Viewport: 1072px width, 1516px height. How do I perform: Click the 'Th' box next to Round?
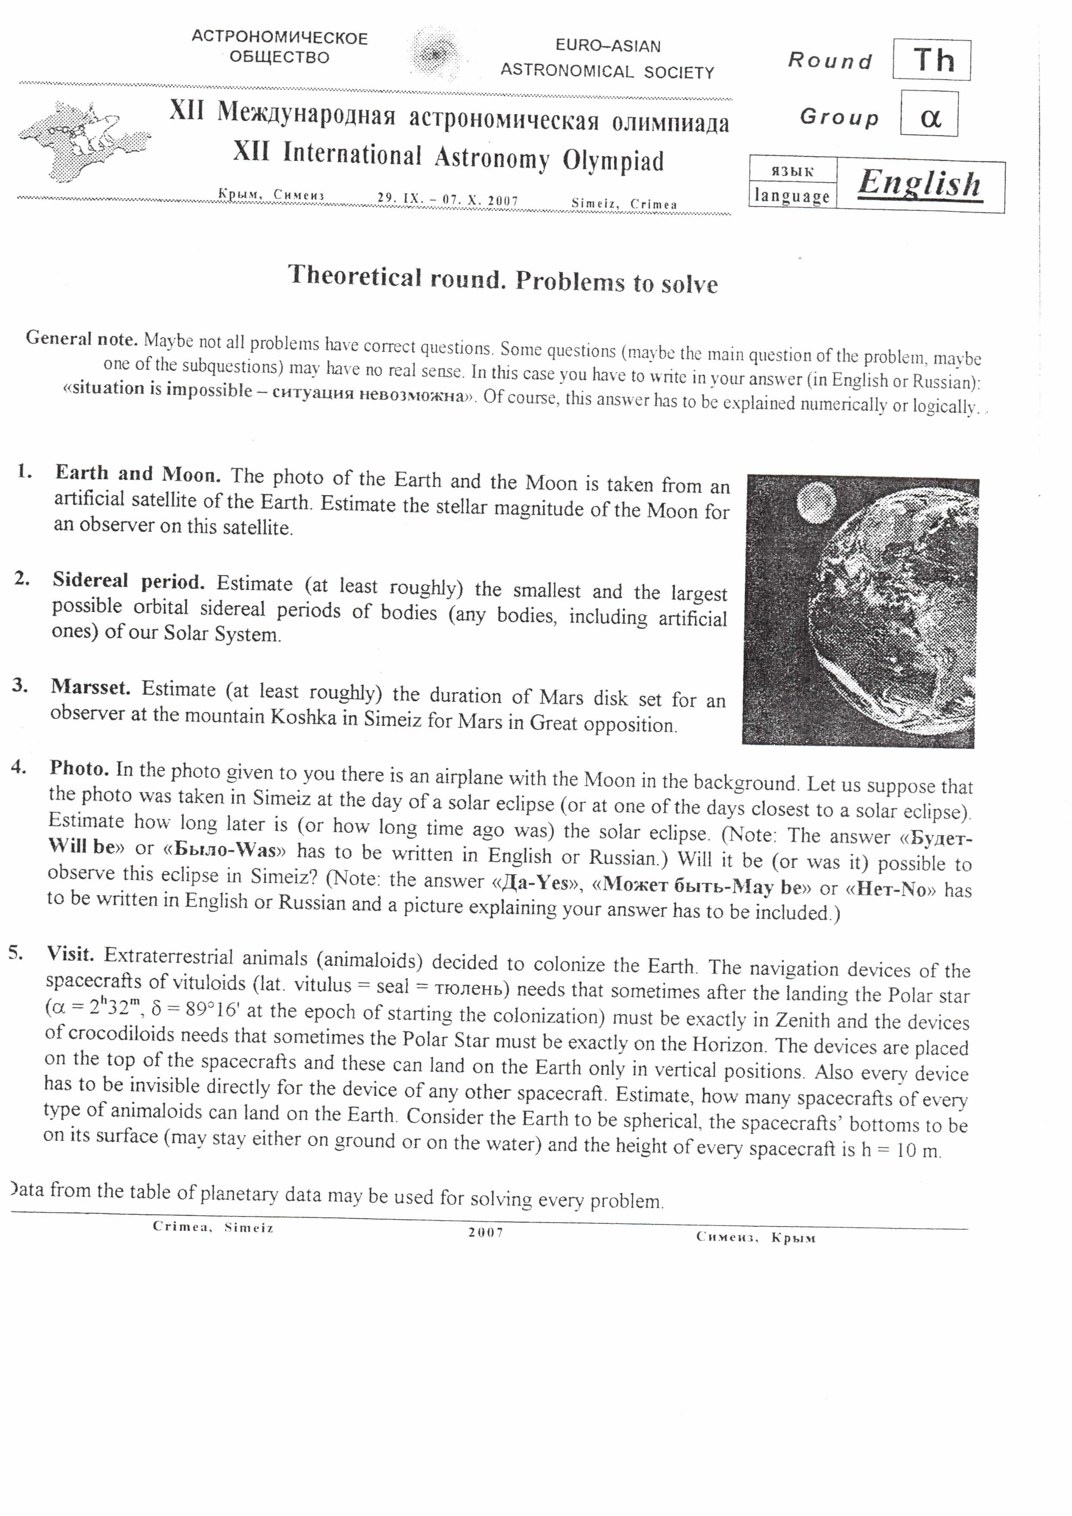932,60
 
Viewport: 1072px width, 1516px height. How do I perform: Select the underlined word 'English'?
919,184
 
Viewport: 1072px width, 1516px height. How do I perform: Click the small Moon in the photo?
817,502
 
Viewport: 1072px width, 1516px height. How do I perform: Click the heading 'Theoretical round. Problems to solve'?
503,279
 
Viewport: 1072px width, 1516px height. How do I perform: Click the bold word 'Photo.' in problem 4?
79,768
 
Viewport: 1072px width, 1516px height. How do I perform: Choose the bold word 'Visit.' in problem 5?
70,953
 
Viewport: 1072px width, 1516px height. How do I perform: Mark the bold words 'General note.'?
81,339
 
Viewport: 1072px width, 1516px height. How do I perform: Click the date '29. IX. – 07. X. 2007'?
448,199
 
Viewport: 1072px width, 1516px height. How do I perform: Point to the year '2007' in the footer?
485,1232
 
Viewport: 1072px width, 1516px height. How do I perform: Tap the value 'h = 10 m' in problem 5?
900,1150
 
